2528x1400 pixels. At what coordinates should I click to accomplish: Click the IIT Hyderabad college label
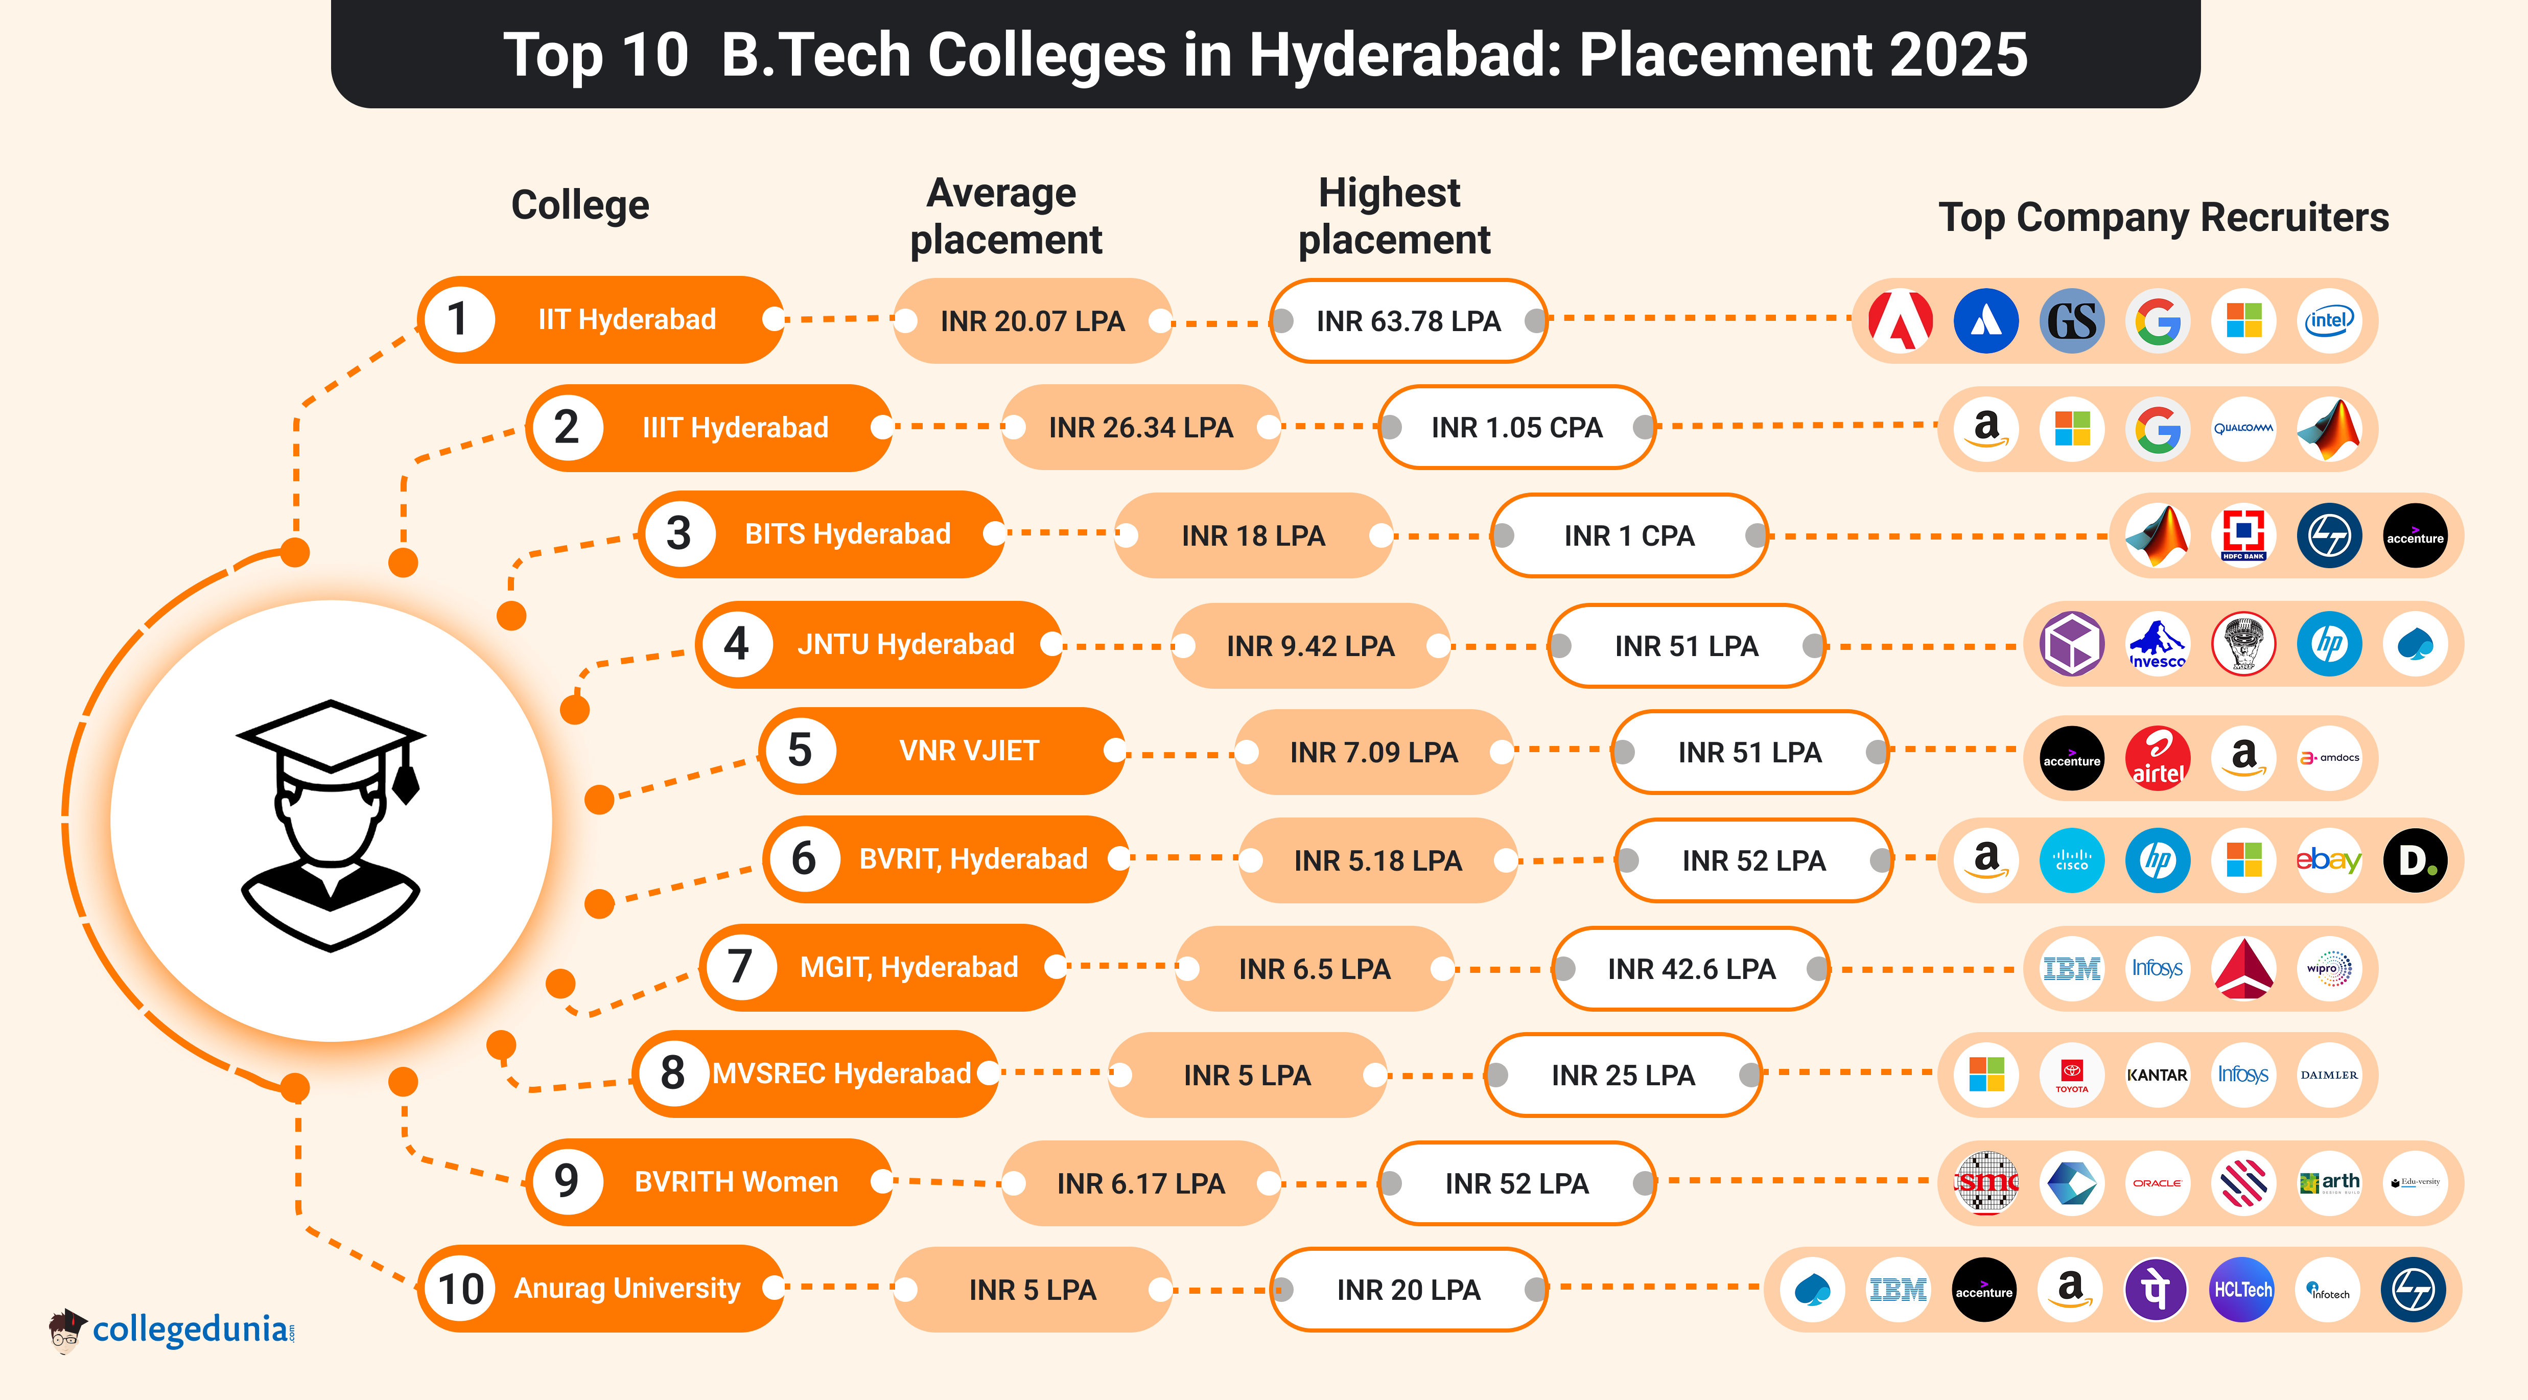point(626,320)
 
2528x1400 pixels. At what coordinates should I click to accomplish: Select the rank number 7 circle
point(739,967)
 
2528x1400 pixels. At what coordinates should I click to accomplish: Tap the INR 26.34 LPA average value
point(1140,428)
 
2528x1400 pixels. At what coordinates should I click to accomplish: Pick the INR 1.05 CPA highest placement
point(1516,428)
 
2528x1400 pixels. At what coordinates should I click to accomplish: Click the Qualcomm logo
point(2242,428)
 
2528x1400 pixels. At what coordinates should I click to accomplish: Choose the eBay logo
point(2328,860)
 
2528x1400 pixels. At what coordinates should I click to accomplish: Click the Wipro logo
point(2328,968)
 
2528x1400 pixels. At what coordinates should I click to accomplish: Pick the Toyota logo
point(2072,1075)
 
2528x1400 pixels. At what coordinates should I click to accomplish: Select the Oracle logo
point(2157,1183)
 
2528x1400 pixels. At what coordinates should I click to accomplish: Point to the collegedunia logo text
point(192,1329)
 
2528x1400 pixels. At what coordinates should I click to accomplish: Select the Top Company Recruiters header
point(2163,217)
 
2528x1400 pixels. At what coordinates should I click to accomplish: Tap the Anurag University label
point(626,1288)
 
